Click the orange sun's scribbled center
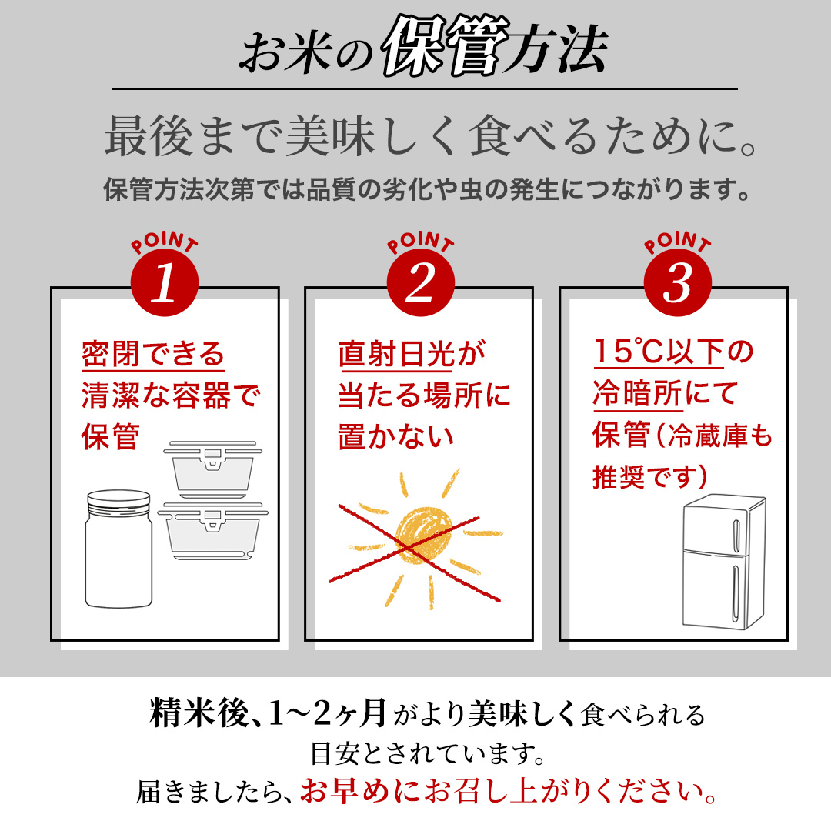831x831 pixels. [419, 532]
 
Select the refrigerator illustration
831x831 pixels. [723, 562]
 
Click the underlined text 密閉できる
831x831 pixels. [153, 355]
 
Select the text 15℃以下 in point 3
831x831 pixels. [659, 353]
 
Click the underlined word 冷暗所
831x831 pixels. [637, 395]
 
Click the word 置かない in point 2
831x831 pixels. [395, 437]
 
